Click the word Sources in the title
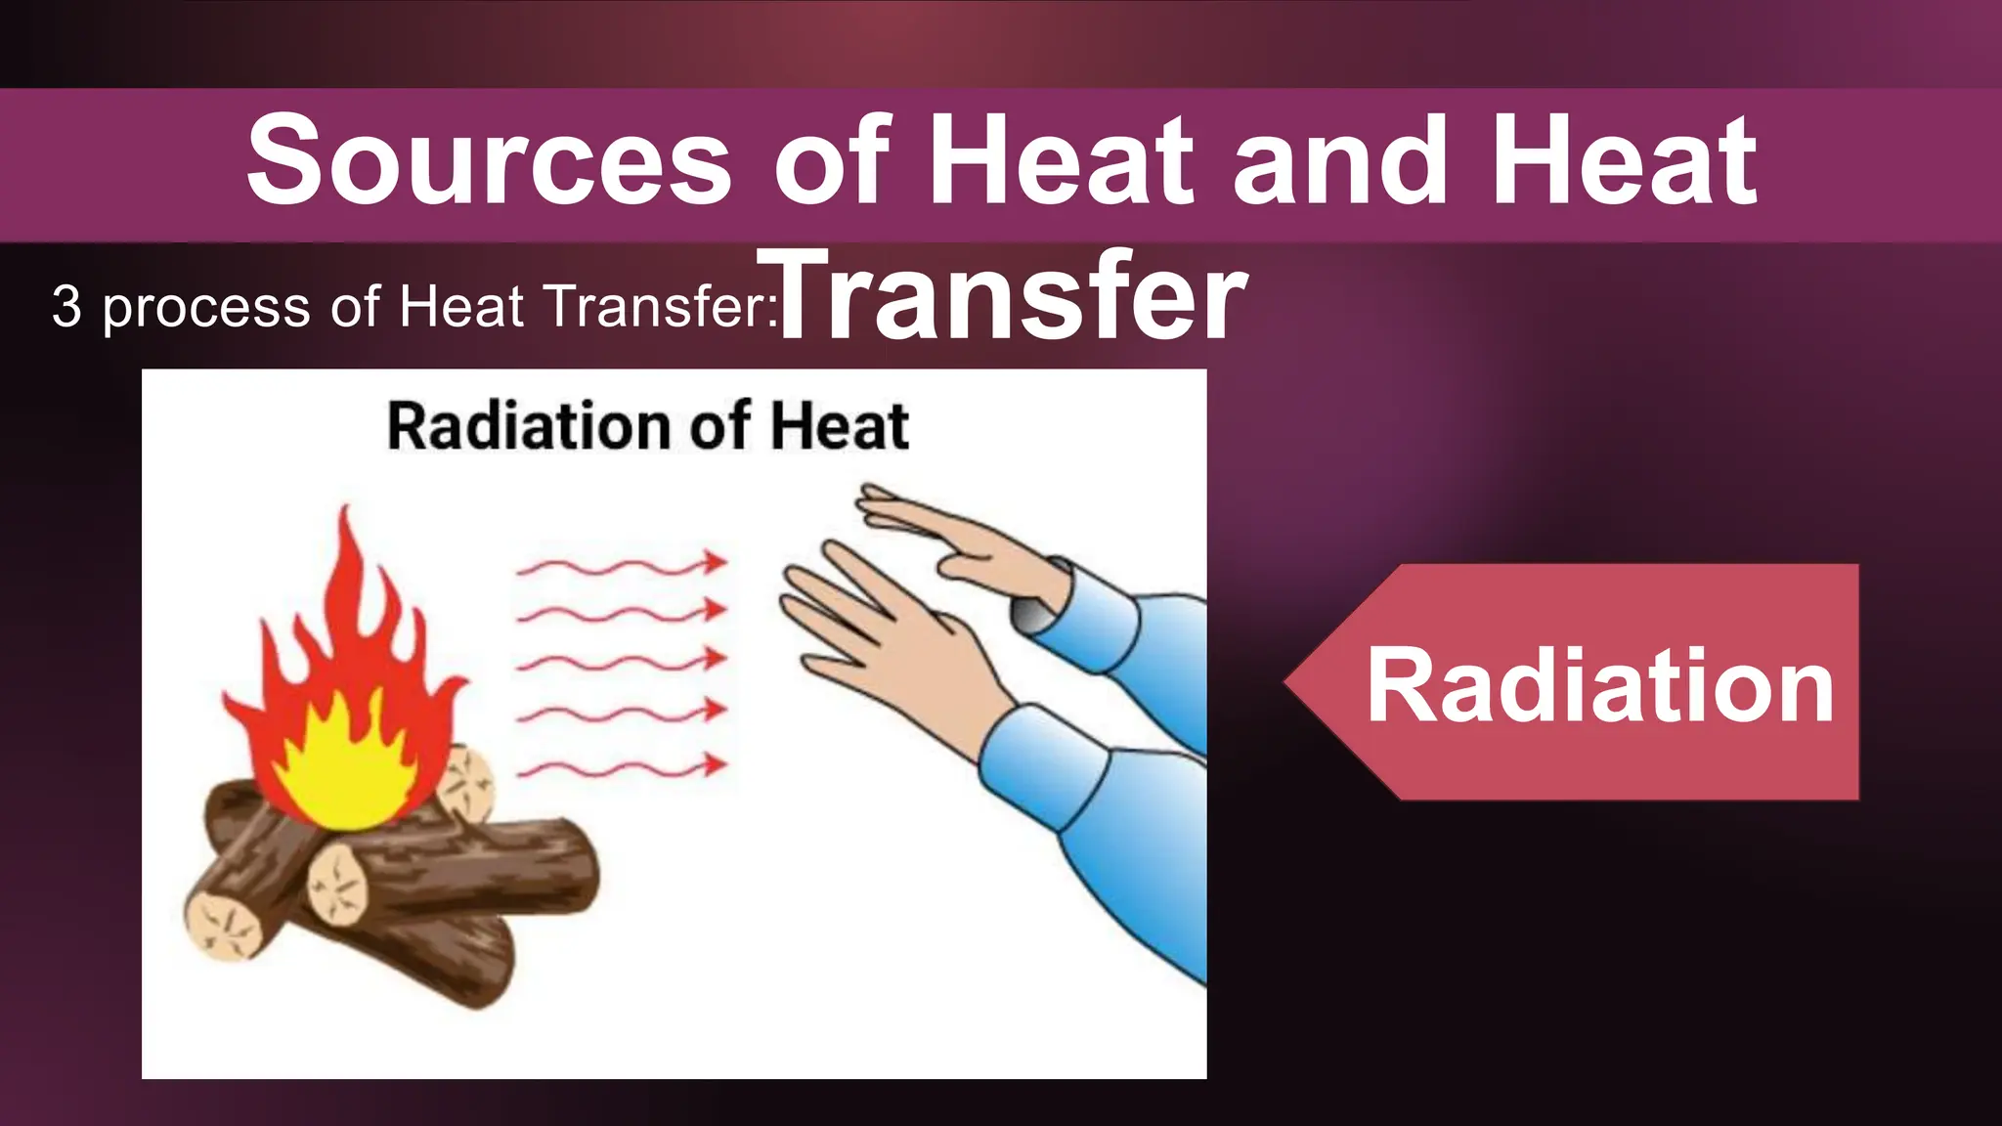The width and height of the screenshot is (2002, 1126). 489,161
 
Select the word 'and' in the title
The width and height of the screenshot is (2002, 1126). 1339,161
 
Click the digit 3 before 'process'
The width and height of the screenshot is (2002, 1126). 66,306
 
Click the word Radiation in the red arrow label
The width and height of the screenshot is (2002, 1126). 1599,686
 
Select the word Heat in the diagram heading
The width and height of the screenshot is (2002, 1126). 839,427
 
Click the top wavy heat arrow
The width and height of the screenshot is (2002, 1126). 622,566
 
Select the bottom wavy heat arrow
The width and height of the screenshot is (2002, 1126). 622,767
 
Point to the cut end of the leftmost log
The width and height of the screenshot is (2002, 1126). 224,924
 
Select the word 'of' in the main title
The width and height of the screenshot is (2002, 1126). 831,161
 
